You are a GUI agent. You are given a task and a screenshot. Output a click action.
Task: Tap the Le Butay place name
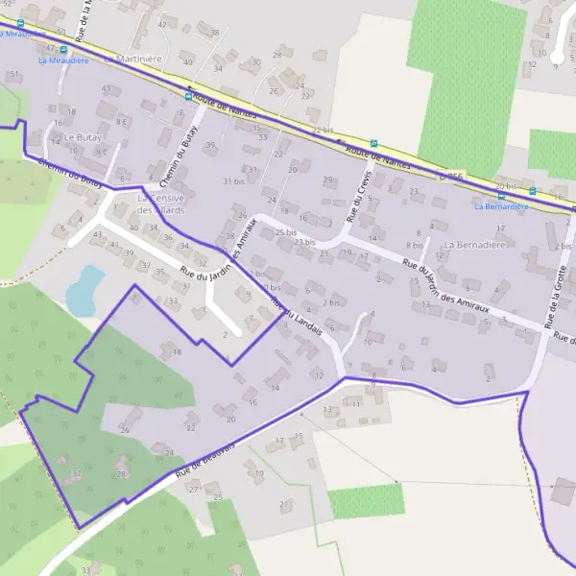click(83, 137)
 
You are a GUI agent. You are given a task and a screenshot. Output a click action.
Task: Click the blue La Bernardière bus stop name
click(501, 206)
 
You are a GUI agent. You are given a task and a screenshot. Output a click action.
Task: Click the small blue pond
click(85, 288)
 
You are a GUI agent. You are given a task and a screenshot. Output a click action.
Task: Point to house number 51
click(14, 74)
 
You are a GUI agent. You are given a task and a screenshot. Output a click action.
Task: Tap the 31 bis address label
click(233, 181)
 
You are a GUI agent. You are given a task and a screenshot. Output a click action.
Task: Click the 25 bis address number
click(285, 232)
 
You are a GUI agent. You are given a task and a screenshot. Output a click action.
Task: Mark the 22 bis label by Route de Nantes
click(323, 130)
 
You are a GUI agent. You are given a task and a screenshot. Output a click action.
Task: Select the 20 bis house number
click(506, 185)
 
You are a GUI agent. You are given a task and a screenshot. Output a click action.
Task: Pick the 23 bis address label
click(305, 243)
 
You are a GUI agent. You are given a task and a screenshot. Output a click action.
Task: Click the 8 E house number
click(122, 122)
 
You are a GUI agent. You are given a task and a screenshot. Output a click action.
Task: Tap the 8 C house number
click(101, 152)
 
